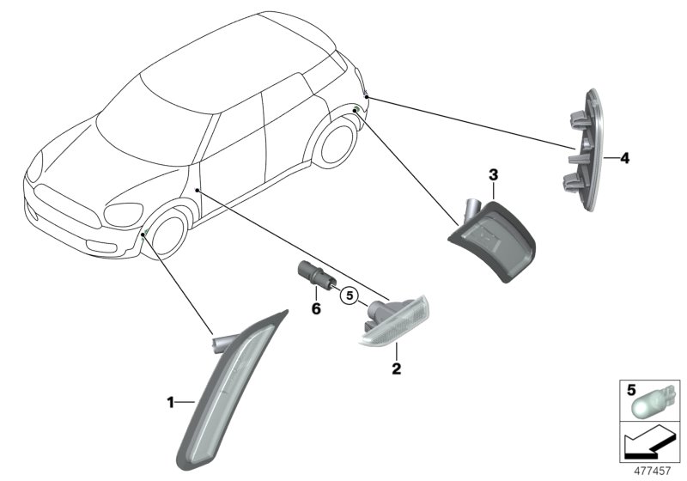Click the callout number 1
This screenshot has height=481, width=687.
click(x=170, y=401)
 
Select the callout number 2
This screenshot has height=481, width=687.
click(x=396, y=369)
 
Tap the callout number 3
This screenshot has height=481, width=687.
click(x=493, y=175)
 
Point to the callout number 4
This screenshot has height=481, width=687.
click(x=624, y=158)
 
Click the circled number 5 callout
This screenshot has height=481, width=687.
click(x=348, y=296)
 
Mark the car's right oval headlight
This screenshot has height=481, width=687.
click(x=123, y=214)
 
